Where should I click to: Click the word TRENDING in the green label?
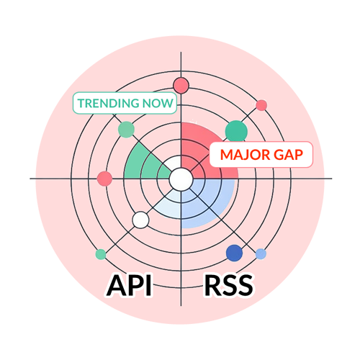point(108,104)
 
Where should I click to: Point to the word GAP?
point(288,155)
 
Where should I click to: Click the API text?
point(130,285)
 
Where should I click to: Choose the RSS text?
point(229,285)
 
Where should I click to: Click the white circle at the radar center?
point(181,178)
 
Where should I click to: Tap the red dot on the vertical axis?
point(181,86)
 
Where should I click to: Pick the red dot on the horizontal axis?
point(104,179)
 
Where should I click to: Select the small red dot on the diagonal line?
point(261,105)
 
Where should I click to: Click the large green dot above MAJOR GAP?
point(235,130)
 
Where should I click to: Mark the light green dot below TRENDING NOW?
point(126,130)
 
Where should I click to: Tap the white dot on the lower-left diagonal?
point(141,220)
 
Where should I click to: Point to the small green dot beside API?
point(101,254)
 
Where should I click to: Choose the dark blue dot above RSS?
point(234,253)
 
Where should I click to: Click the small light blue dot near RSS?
point(261,254)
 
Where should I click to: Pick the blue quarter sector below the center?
point(209,205)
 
